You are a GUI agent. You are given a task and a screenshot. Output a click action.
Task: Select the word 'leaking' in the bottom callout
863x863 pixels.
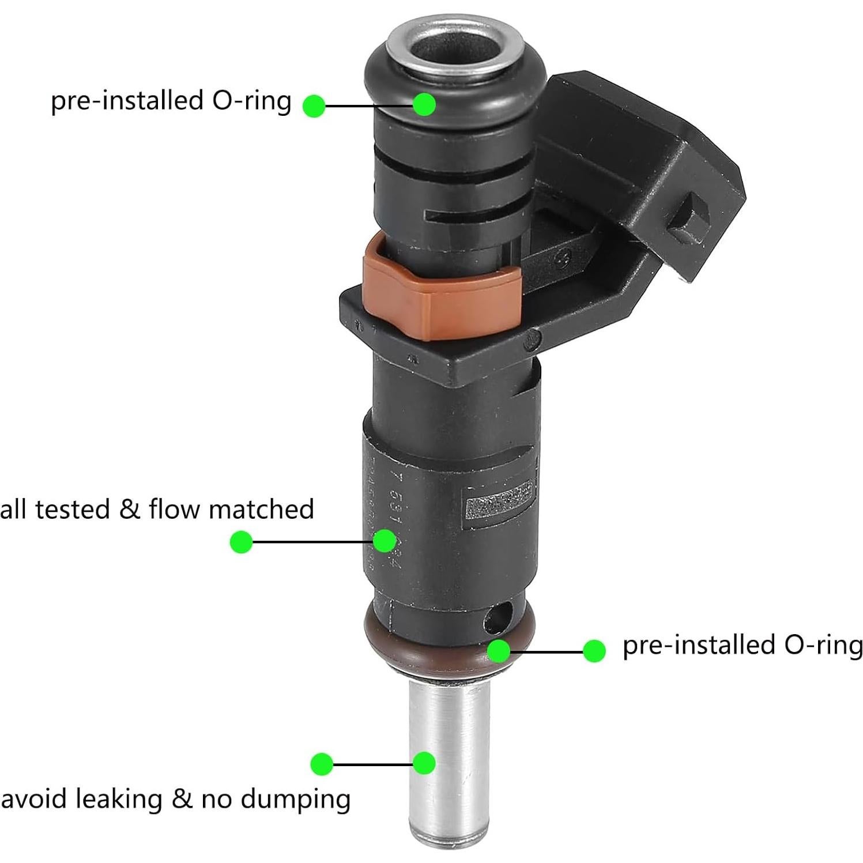(x=118, y=799)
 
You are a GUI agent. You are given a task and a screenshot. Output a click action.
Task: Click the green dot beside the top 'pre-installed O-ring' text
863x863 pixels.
(x=314, y=105)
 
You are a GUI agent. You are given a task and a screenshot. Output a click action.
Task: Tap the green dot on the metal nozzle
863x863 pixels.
(x=424, y=763)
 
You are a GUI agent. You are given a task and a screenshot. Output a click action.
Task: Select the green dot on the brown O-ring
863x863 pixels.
(x=499, y=651)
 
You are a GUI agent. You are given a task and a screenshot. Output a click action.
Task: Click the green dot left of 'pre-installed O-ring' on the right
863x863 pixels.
(x=594, y=651)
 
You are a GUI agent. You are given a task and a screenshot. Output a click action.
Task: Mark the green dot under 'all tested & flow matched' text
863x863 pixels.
(x=241, y=542)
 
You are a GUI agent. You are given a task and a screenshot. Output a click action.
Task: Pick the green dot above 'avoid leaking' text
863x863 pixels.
(x=322, y=764)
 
